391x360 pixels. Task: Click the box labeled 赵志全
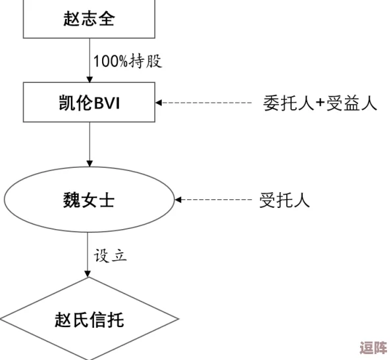coord(90,18)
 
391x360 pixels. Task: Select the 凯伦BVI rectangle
coord(90,103)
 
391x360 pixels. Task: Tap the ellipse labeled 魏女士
coord(90,199)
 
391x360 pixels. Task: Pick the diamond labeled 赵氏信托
coord(90,321)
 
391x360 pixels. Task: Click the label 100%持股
coord(127,62)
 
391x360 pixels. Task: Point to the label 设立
coord(110,255)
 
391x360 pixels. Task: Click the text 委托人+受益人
coord(320,103)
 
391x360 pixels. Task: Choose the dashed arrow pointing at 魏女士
coord(213,199)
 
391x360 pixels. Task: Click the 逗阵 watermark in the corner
coord(371,347)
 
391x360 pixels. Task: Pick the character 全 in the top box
coord(107,19)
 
